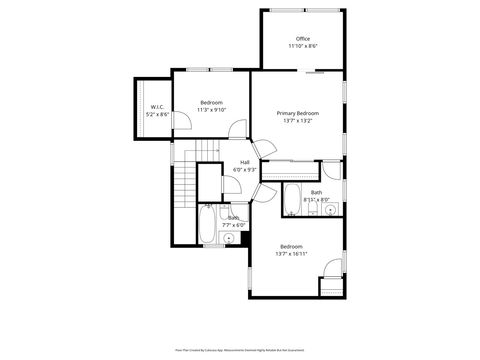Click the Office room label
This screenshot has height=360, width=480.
[302, 39]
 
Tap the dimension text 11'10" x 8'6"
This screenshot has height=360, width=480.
[302, 46]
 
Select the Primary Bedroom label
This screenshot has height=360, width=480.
[298, 114]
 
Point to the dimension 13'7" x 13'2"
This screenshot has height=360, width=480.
[298, 121]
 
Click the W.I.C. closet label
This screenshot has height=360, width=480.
[158, 107]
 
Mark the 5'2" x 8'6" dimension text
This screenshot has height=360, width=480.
[158, 114]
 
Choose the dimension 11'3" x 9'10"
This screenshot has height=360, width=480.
[211, 110]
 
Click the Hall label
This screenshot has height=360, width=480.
[245, 163]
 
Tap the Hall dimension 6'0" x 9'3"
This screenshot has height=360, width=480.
[245, 170]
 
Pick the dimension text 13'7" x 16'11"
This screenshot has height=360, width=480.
[292, 254]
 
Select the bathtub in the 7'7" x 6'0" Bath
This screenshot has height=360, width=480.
[207, 225]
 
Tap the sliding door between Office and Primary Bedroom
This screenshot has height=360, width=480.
[315, 72]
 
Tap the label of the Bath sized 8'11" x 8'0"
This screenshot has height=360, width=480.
[316, 192]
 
